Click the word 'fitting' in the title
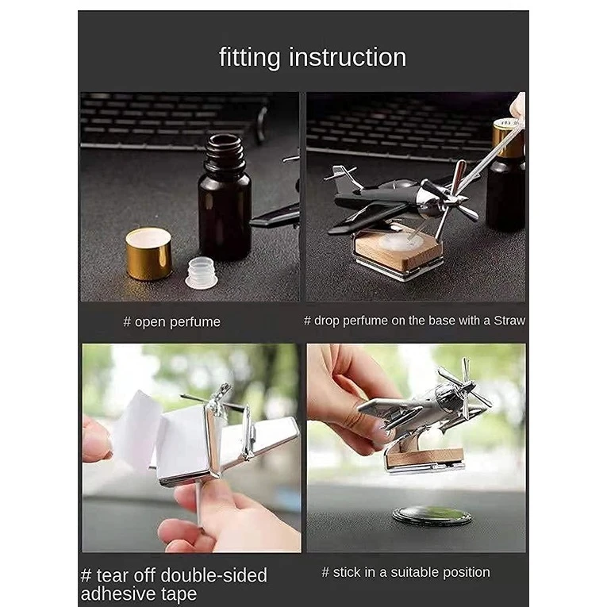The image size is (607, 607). pos(249,58)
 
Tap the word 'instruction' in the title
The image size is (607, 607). pos(348,57)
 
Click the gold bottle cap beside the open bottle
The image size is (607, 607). pos(148,254)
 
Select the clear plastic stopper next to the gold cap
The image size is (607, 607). pos(201,273)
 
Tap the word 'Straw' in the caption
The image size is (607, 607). pos(509,321)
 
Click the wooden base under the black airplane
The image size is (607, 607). pos(399,252)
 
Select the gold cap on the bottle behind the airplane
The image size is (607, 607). pos(508,140)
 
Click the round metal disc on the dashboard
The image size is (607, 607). pos(432,516)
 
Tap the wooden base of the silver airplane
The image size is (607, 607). pos(425,458)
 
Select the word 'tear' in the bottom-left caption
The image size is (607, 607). pos(112,575)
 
